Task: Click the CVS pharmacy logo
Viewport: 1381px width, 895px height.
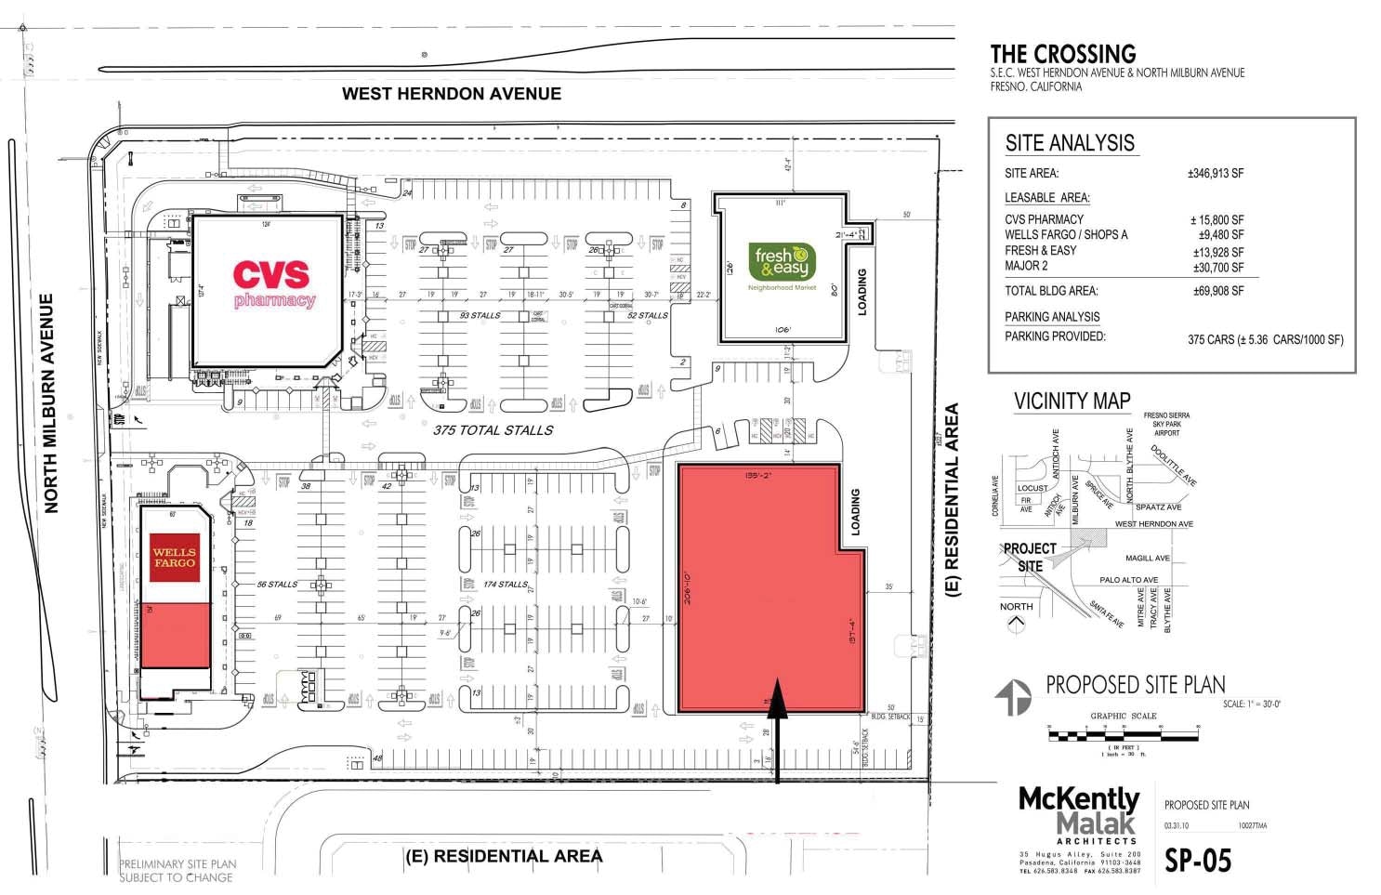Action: pyautogui.click(x=272, y=283)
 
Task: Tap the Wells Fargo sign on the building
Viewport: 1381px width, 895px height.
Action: pyautogui.click(x=175, y=558)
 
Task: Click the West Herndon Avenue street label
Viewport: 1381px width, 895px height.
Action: pyautogui.click(x=452, y=94)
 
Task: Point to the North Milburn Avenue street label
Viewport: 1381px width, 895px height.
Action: pyautogui.click(x=51, y=403)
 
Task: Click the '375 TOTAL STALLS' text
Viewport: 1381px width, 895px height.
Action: pyautogui.click(x=493, y=430)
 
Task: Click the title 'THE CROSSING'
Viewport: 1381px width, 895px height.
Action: pyautogui.click(x=1063, y=54)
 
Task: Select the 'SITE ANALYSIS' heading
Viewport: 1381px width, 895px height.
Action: pyautogui.click(x=1070, y=143)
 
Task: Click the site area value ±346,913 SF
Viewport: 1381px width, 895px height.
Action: pyautogui.click(x=1216, y=174)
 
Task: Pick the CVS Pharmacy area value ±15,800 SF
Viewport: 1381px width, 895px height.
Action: pyautogui.click(x=1217, y=219)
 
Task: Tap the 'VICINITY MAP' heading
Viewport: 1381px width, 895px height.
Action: pyautogui.click(x=1072, y=401)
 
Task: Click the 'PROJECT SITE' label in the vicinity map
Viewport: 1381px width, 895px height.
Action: pyautogui.click(x=1030, y=557)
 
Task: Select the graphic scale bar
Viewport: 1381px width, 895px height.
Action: pyautogui.click(x=1123, y=735)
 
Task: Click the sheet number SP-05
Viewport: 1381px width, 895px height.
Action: pyautogui.click(x=1198, y=861)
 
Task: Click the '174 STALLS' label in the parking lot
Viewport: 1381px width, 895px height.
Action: pyautogui.click(x=506, y=585)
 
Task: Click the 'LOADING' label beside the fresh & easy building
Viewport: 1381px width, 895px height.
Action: pyautogui.click(x=861, y=292)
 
